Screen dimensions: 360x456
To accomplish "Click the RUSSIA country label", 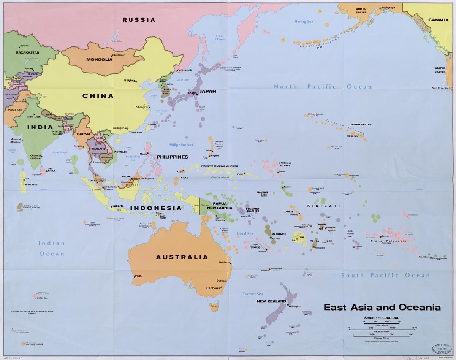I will pyautogui.click(x=139, y=20).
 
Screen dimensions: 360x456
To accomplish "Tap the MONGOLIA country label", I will pyautogui.click(x=99, y=59).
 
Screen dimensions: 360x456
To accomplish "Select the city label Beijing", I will pyautogui.click(x=130, y=81).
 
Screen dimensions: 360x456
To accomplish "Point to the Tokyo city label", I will pyautogui.click(x=191, y=93).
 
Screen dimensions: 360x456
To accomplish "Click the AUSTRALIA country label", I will pyautogui.click(x=182, y=257).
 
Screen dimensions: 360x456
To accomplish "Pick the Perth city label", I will pyautogui.click(x=138, y=276).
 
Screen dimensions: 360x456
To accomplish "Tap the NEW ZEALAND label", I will pyautogui.click(x=271, y=301).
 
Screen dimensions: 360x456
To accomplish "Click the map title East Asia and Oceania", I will pyautogui.click(x=382, y=307).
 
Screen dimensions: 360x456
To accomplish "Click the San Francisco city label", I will pyautogui.click(x=443, y=88).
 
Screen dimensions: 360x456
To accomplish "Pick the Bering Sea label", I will pyautogui.click(x=304, y=21).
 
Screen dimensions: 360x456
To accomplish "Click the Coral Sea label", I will pyautogui.click(x=245, y=233).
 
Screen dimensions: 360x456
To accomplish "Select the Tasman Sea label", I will pyautogui.click(x=253, y=294).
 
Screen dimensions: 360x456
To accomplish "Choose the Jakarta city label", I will pyautogui.click(x=118, y=206).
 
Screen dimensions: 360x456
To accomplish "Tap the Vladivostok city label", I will pyautogui.click(x=184, y=70).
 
